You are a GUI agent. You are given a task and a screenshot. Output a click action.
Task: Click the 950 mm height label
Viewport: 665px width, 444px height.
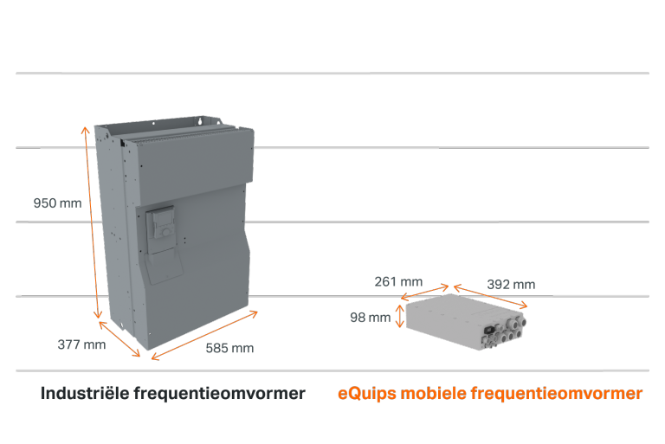pos(58,203)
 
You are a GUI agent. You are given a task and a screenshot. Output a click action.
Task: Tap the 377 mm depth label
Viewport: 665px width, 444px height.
pos(82,344)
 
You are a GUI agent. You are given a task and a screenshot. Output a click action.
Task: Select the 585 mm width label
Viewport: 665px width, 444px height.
pos(229,348)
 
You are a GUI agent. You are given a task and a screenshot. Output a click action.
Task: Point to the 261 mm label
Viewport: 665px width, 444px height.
pos(398,281)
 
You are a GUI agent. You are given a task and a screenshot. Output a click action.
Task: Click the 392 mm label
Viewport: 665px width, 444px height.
pos(511,285)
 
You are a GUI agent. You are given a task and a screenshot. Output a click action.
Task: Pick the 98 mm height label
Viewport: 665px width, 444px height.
pos(371,317)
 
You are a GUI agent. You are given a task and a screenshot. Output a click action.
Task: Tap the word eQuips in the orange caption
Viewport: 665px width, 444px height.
pos(367,394)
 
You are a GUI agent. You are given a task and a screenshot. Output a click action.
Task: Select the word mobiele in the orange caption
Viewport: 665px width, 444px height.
pos(434,393)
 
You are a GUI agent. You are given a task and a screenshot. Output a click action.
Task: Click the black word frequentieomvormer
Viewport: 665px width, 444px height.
pos(220,394)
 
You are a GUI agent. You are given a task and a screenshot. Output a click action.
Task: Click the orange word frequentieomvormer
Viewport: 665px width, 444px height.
pos(557,394)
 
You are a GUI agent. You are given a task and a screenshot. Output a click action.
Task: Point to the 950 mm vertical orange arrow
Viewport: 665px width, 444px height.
pos(92,222)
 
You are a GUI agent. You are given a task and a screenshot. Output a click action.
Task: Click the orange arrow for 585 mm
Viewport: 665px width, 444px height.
pos(204,336)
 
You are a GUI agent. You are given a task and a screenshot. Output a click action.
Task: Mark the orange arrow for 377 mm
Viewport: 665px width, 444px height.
pos(119,339)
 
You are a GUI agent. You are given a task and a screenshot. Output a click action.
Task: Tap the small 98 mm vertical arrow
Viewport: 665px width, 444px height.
pos(399,316)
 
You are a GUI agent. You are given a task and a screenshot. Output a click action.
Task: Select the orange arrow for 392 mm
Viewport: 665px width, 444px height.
pos(490,296)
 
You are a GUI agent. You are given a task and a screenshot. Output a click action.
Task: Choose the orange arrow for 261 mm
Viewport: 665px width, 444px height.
pos(424,293)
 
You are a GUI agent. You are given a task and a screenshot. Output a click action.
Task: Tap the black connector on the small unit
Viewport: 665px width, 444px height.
pos(488,330)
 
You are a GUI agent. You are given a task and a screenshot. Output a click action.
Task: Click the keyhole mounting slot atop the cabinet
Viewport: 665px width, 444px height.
pos(200,122)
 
